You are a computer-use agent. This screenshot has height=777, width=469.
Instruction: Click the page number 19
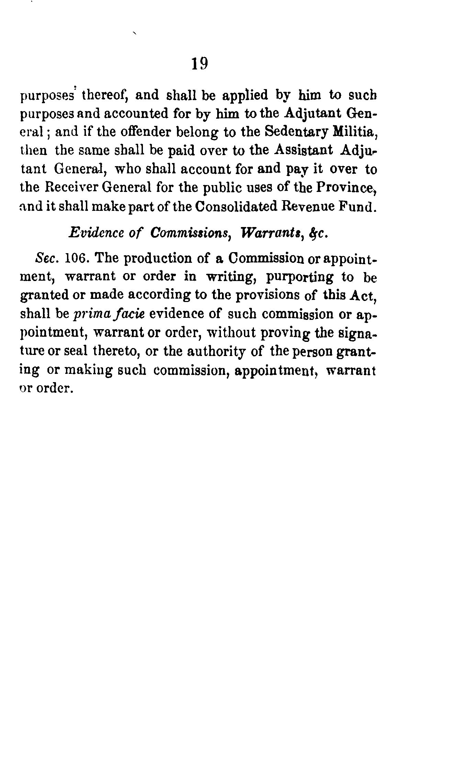point(199,64)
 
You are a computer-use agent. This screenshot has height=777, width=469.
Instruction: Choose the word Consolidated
point(236,206)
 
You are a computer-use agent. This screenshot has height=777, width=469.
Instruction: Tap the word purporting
point(300,277)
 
